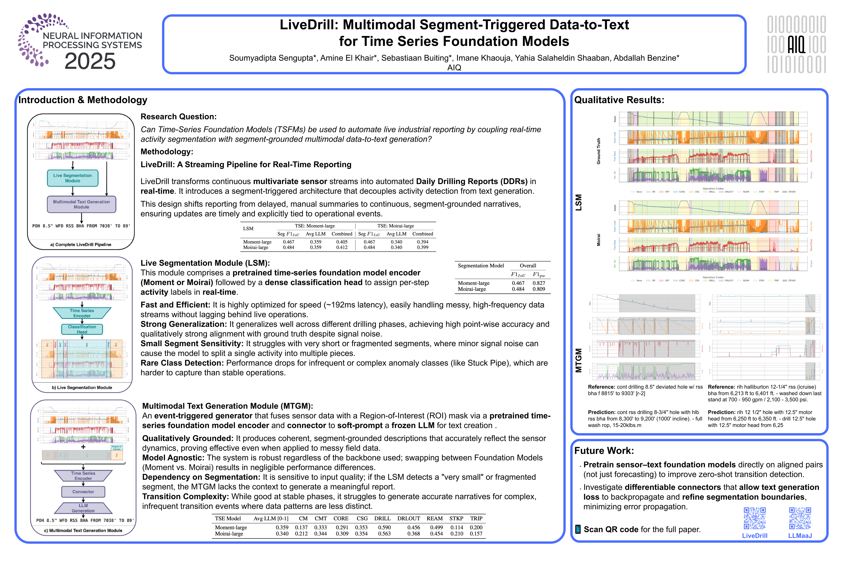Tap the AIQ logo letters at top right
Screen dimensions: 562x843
click(796, 44)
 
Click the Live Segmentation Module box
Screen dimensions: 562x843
click(73, 178)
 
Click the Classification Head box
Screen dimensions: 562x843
click(82, 329)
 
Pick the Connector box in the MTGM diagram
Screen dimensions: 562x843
click(83, 492)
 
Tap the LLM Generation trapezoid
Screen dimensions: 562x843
click(83, 508)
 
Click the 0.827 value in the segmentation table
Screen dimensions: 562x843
click(539, 283)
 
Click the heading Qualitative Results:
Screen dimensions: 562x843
click(619, 100)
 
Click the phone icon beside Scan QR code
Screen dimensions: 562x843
click(578, 529)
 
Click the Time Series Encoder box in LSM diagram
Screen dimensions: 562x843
click(82, 313)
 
